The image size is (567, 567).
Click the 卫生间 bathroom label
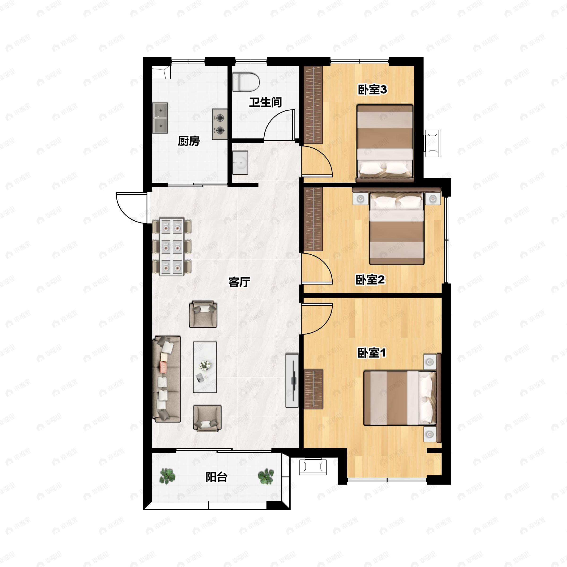[265, 103]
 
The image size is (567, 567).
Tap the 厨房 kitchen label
[189, 141]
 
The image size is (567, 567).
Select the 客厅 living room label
[239, 282]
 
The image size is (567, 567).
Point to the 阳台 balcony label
[216, 477]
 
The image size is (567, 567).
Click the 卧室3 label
[372, 90]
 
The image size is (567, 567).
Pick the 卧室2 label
[370, 280]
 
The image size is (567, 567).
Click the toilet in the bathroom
[246, 82]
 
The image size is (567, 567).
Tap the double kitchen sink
[160, 118]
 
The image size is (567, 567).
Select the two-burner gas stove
[220, 124]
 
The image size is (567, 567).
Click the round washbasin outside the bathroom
[240, 163]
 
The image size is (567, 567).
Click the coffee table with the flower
[205, 367]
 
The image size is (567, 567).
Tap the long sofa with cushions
[166, 379]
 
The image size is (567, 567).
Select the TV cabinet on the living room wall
[292, 381]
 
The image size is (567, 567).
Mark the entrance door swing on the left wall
[131, 207]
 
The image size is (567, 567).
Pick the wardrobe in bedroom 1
[314, 389]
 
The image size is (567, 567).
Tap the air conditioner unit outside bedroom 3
[434, 143]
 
